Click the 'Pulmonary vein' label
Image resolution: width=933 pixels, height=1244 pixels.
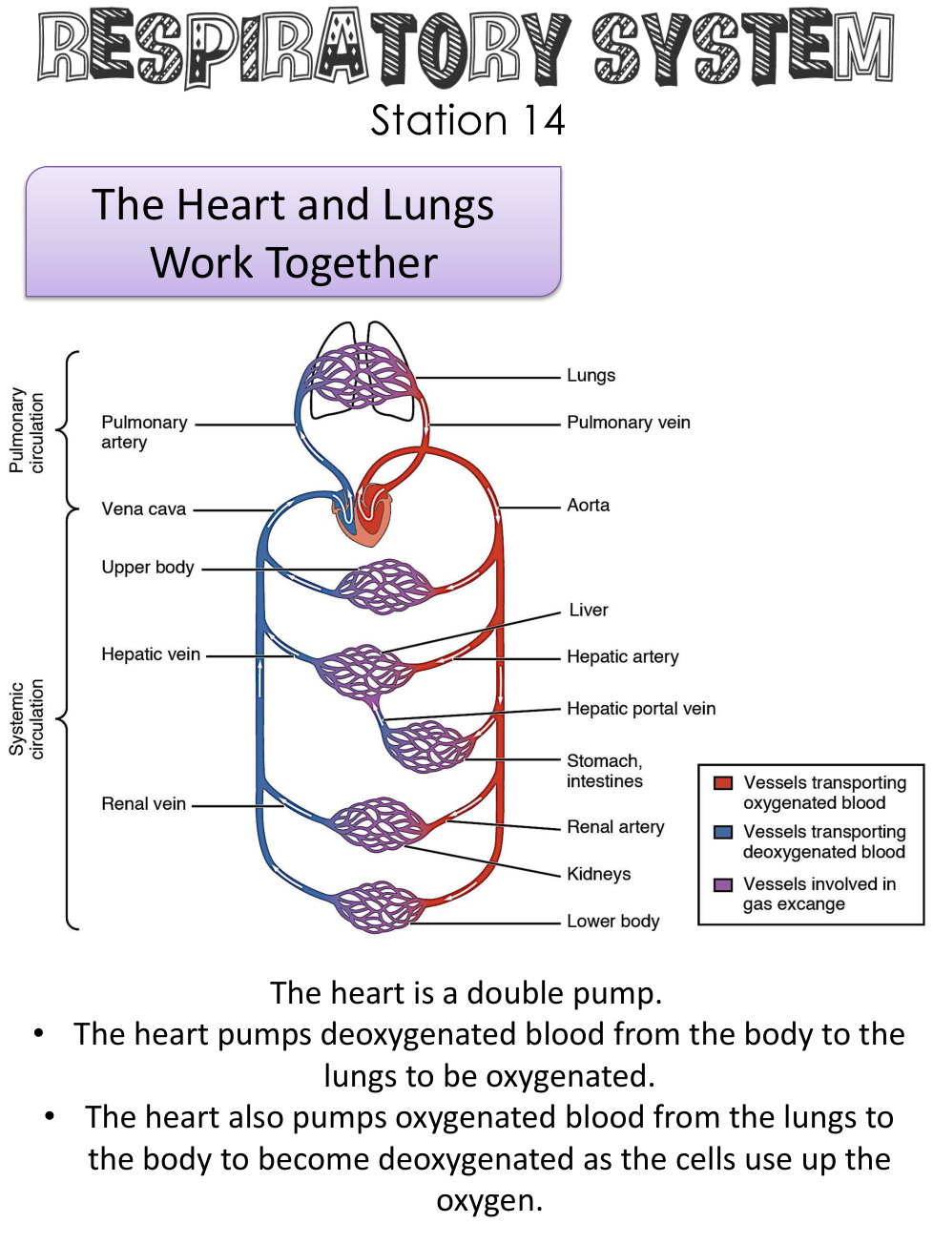(x=628, y=423)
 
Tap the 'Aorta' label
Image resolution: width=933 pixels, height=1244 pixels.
(x=588, y=506)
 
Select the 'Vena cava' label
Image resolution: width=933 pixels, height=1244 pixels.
(x=143, y=509)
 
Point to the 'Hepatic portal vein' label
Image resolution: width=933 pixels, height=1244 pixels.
(x=640, y=709)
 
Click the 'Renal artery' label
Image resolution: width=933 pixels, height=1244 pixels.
(x=615, y=827)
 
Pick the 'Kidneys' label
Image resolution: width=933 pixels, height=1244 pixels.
(x=598, y=874)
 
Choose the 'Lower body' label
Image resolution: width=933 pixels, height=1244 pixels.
(x=612, y=922)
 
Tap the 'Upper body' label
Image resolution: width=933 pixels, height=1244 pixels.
(x=147, y=568)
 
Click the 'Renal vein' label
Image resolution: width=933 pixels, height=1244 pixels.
(x=143, y=804)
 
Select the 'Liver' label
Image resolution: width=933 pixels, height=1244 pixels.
(x=588, y=611)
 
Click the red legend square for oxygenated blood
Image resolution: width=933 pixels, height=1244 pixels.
(x=723, y=783)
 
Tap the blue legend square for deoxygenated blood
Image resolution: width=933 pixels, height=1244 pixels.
(x=723, y=832)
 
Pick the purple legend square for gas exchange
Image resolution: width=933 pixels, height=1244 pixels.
(x=723, y=884)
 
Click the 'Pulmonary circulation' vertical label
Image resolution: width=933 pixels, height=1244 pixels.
(x=27, y=430)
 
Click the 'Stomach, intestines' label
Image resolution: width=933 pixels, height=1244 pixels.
(x=604, y=771)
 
